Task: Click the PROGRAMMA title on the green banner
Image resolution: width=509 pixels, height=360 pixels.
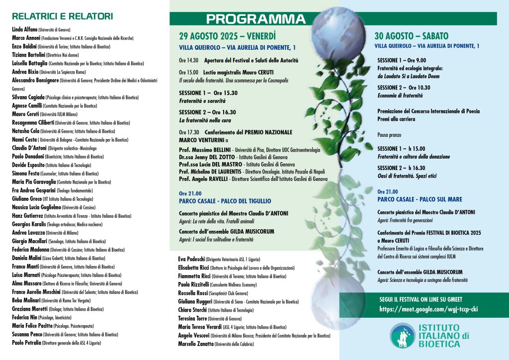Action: [255, 19]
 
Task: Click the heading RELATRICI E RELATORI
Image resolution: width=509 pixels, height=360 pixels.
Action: [63, 16]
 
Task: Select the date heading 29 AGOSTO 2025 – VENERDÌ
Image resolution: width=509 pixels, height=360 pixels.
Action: [227, 36]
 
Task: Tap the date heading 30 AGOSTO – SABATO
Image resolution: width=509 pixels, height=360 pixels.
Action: [411, 36]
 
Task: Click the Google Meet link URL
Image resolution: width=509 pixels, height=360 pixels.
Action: [422, 309]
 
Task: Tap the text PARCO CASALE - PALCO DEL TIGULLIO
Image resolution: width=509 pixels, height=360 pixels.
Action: [225, 201]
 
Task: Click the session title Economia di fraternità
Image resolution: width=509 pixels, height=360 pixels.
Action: [400, 95]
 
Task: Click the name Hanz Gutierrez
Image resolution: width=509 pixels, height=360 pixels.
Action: [28, 216]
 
